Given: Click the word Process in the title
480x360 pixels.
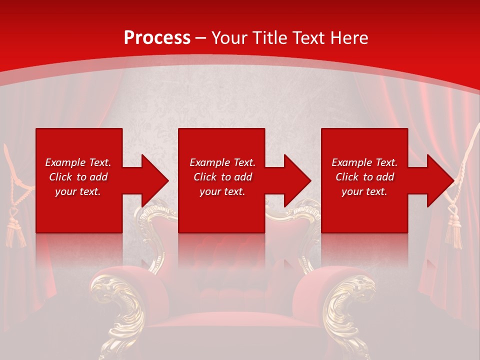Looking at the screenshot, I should pos(157,37).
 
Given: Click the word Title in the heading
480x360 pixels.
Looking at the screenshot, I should pos(269,37).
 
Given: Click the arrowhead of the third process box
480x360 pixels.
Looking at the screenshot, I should pos(440,180).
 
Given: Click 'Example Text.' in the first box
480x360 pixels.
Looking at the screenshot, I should pos(78,162).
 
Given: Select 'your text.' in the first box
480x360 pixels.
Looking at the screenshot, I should pos(78,191).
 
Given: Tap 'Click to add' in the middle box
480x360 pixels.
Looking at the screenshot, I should pos(222,177).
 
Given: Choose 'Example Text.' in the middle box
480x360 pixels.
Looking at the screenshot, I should pos(222,162).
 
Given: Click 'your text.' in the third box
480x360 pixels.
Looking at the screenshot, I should pos(364,191).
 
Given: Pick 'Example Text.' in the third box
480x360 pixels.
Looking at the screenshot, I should pos(364,162).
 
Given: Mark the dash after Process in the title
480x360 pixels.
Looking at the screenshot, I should pos(200,38).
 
